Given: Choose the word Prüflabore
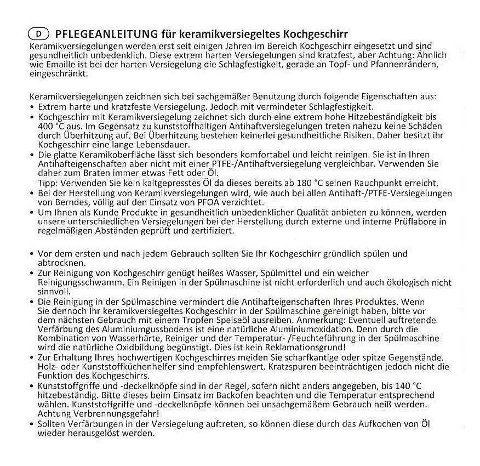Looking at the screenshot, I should click(404, 221).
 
